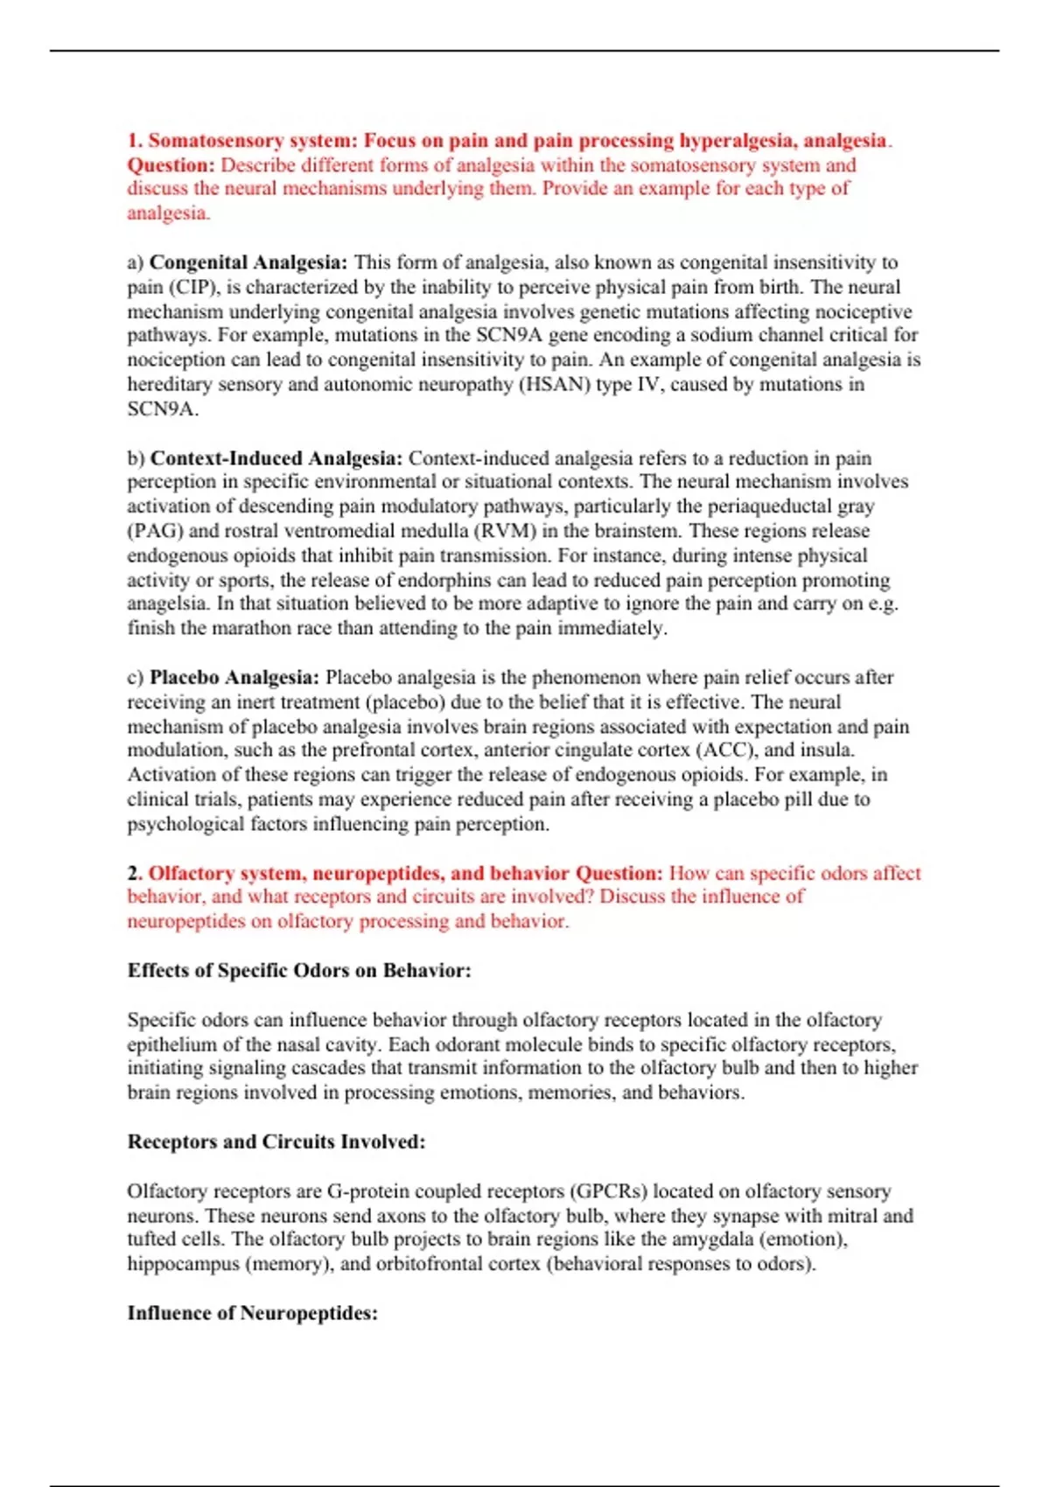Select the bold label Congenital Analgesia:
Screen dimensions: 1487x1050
(248, 262)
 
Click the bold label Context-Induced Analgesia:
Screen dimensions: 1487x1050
(276, 458)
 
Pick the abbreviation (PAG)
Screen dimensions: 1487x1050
(155, 531)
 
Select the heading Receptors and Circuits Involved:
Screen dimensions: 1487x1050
(276, 1141)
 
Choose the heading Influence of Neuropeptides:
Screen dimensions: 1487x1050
(253, 1313)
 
